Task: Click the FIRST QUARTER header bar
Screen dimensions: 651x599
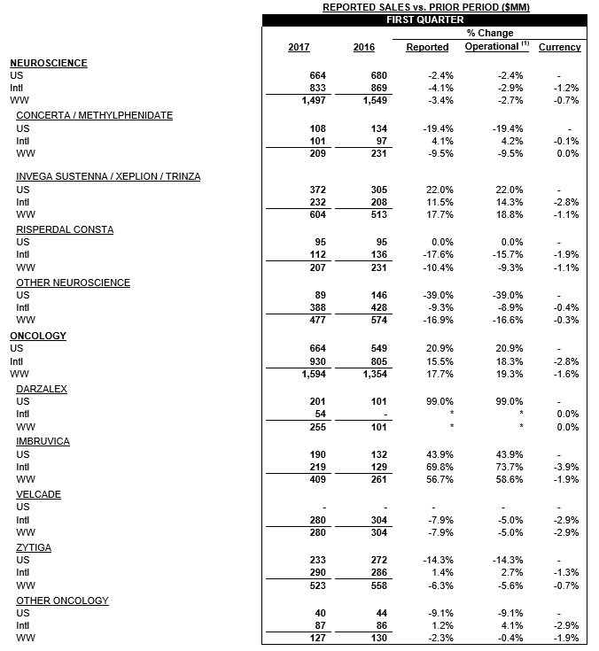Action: (424, 19)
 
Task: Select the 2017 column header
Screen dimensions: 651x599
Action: (299, 47)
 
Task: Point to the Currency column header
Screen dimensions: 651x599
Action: (559, 47)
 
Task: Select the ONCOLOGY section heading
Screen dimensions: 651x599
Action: (38, 337)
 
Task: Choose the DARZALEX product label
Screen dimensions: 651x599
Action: (42, 389)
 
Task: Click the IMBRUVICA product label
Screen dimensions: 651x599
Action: (43, 441)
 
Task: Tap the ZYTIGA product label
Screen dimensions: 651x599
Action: (34, 547)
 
